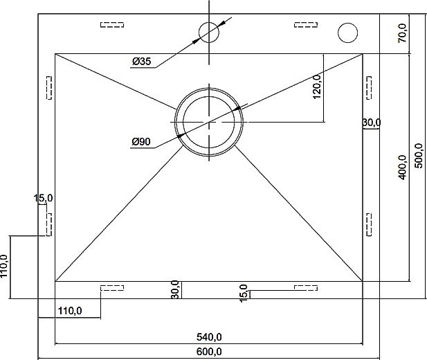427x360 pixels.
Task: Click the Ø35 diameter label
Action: click(x=141, y=62)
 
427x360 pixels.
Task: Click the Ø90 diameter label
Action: click(x=141, y=142)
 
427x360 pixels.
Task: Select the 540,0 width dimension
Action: click(x=209, y=337)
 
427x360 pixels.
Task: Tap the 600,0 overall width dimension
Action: click(x=209, y=352)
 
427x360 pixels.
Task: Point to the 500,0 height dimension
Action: click(x=419, y=156)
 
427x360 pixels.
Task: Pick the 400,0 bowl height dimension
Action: click(x=402, y=167)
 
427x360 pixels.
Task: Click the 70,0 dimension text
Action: click(x=402, y=33)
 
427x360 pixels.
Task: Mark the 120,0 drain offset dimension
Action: click(x=317, y=87)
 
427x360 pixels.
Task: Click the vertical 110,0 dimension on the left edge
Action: click(x=4, y=267)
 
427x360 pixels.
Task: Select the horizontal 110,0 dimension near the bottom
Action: click(x=70, y=311)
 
